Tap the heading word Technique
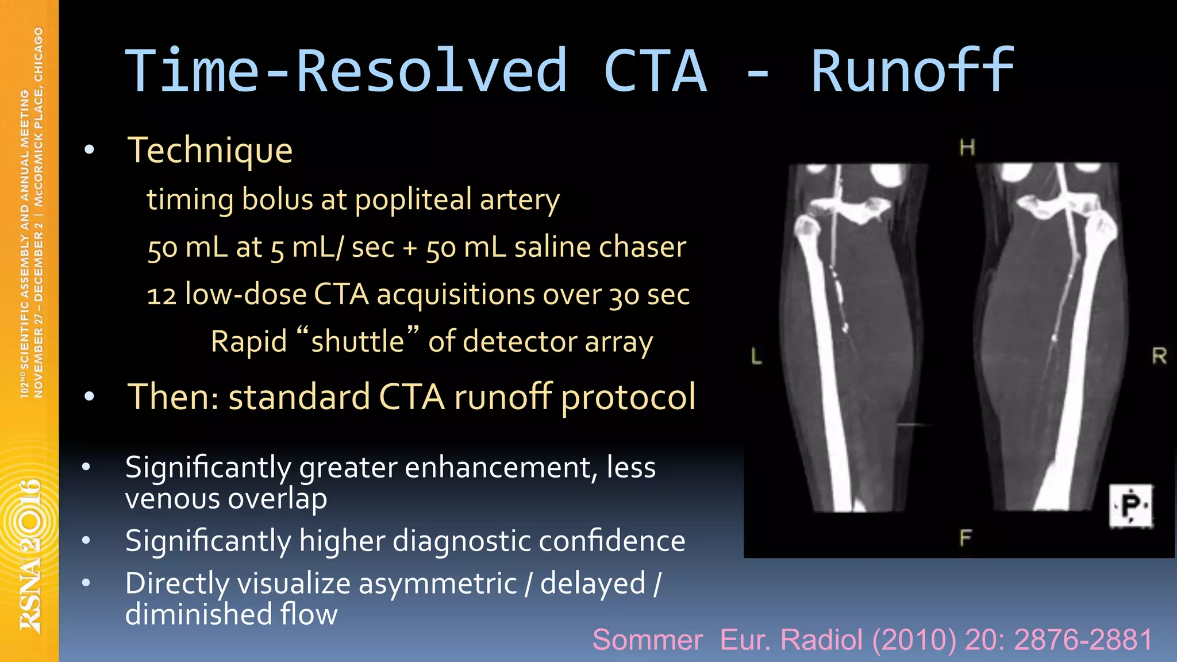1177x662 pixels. pyautogui.click(x=210, y=151)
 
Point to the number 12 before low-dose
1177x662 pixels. pyautogui.click(x=161, y=296)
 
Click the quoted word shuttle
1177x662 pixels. pyautogui.click(x=357, y=341)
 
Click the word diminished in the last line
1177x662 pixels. pyautogui.click(x=198, y=614)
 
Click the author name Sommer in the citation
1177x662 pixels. pyautogui.click(x=647, y=640)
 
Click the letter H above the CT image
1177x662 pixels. pyautogui.click(x=967, y=148)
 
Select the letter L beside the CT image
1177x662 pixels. pyautogui.click(x=756, y=356)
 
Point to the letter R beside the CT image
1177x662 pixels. pyautogui.click(x=1159, y=356)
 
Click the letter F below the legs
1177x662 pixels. pyautogui.click(x=965, y=538)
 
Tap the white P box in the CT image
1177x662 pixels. pyautogui.click(x=1130, y=506)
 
